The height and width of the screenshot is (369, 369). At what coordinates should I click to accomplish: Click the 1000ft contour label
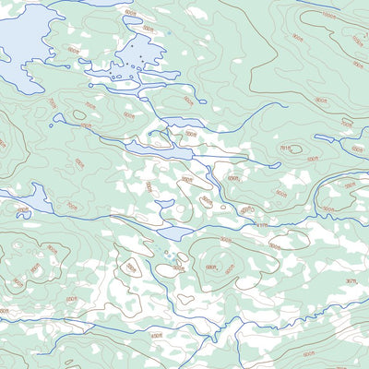pos(329,16)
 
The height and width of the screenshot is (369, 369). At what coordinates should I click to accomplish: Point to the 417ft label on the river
pos(261,224)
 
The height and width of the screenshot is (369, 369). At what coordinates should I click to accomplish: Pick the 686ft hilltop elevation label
pos(210,268)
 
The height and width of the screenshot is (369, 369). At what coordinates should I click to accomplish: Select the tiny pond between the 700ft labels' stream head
pos(59,117)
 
